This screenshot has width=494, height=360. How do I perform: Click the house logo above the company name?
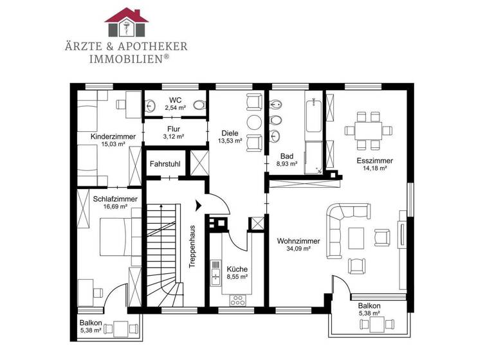coord(126,23)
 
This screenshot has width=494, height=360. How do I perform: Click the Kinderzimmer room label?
coord(113,136)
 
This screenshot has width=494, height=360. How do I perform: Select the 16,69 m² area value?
coord(112,207)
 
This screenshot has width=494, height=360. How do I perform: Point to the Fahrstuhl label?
coord(165,165)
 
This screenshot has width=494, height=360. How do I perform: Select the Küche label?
coord(237,269)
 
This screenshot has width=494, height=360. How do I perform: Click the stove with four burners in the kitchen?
coord(237,299)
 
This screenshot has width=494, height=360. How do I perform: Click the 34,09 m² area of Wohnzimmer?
coord(294,249)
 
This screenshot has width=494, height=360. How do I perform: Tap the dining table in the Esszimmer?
coord(369,130)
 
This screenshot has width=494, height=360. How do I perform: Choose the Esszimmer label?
coord(374,160)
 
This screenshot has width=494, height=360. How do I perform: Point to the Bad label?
coord(287,156)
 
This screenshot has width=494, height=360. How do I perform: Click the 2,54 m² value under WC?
coord(175,107)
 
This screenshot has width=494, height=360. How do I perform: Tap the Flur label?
coord(174,129)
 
